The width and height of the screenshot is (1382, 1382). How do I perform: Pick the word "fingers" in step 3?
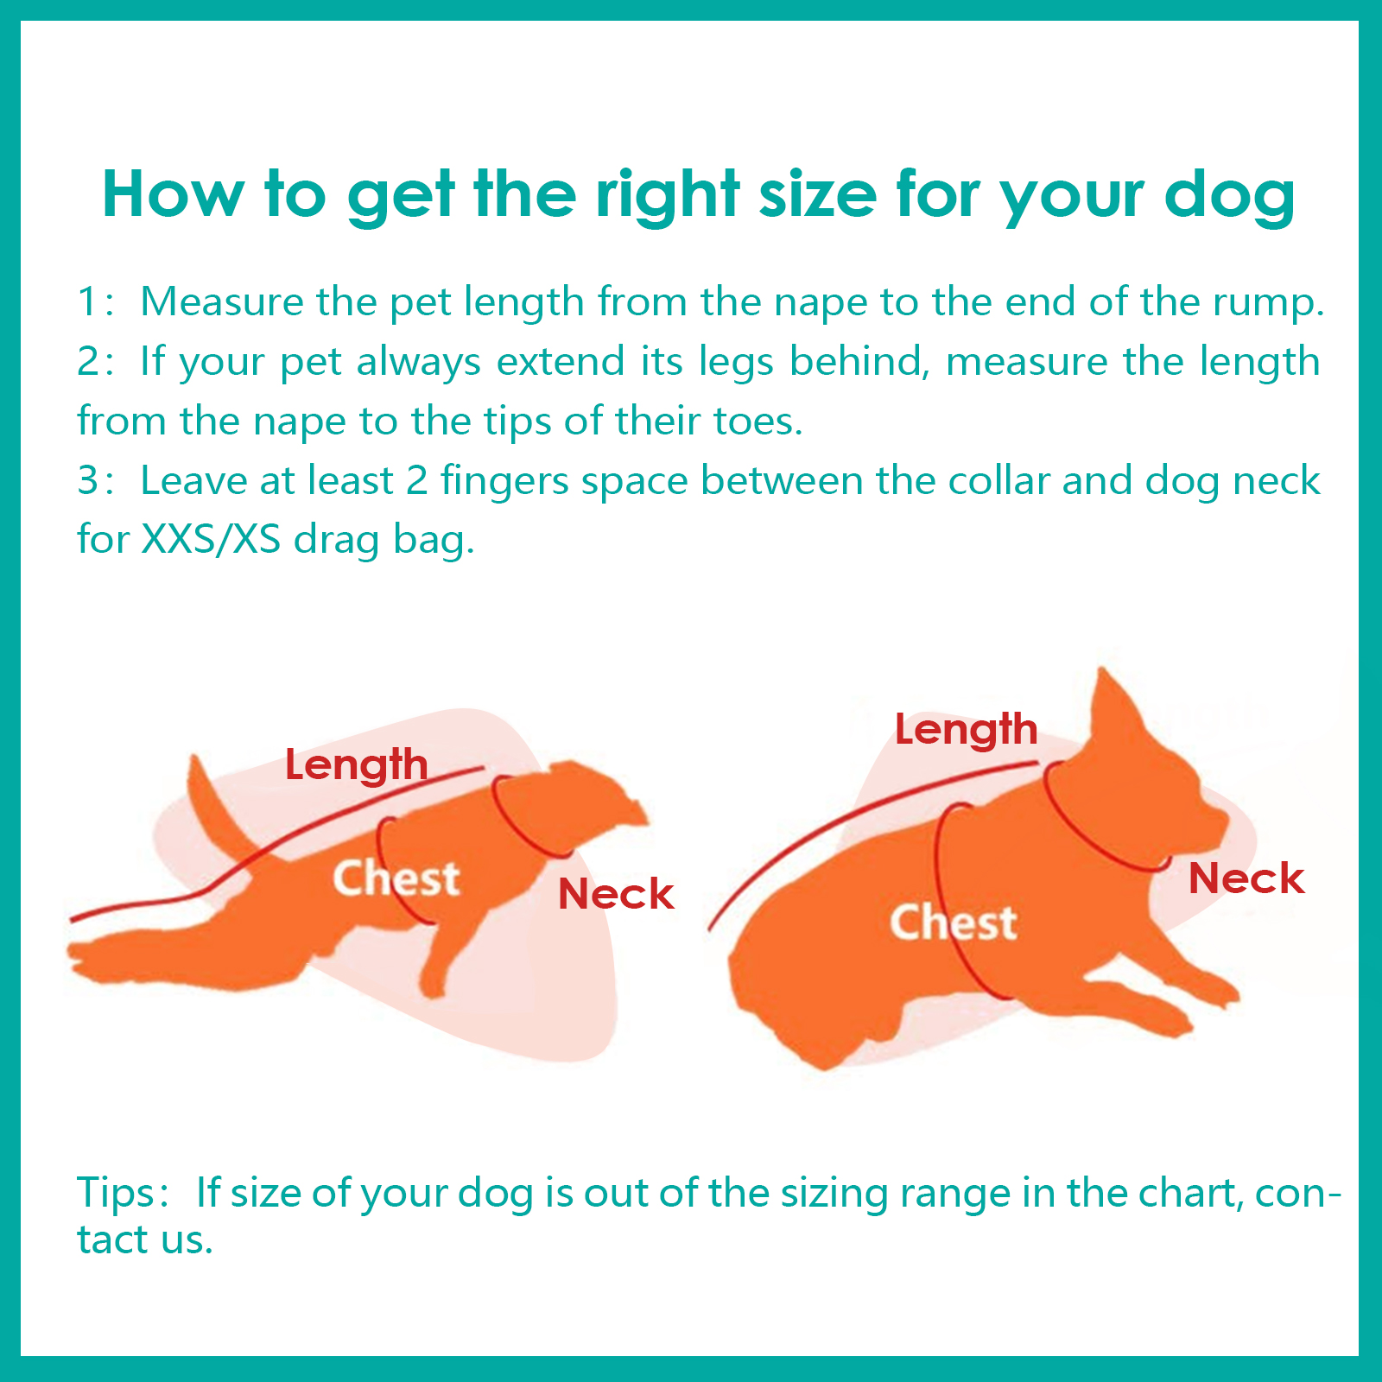coord(504,482)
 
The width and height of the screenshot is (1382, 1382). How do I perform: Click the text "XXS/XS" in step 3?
coord(212,540)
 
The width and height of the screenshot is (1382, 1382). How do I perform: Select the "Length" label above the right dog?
coord(966,731)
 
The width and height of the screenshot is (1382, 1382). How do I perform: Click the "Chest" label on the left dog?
coord(396,878)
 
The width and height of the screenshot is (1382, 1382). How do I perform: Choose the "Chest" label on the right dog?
coord(953,922)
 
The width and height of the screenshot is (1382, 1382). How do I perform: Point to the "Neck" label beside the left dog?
coord(616,894)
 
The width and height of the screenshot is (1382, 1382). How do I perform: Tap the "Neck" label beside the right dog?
coord(1246,878)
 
